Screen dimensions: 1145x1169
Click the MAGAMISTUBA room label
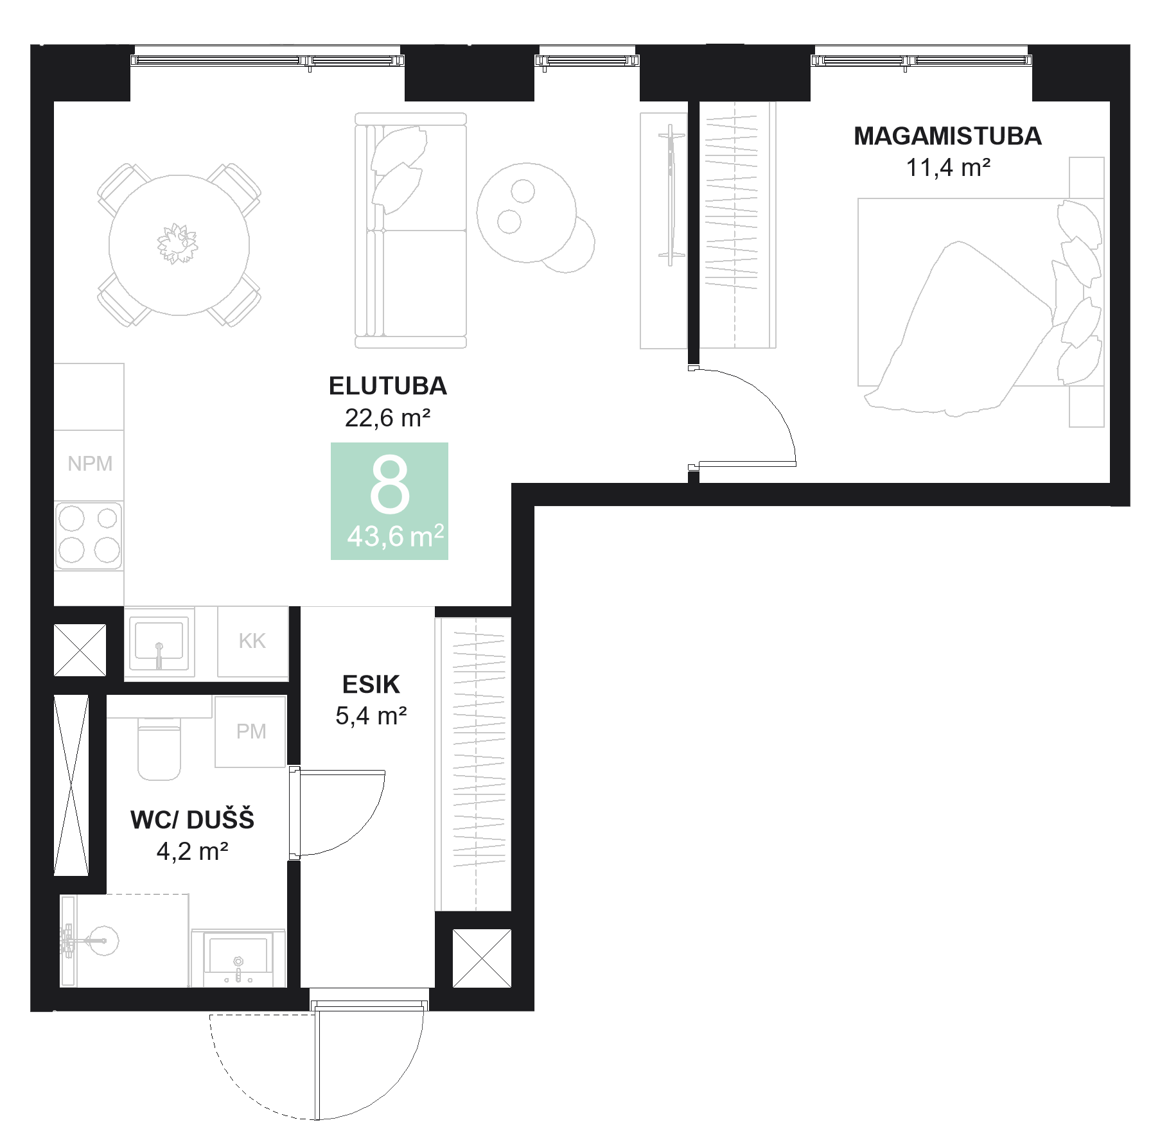click(x=947, y=136)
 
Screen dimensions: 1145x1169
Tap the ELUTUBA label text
click(x=387, y=386)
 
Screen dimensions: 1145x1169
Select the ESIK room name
click(x=371, y=685)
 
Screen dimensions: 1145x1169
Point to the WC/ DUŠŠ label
click(x=192, y=820)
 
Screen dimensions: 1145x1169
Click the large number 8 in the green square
click(x=389, y=485)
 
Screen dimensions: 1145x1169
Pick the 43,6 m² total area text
click(x=395, y=536)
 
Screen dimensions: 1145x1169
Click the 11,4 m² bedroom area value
click(x=947, y=168)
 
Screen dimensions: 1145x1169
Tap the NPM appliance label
click(x=90, y=464)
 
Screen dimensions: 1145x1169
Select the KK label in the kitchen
click(x=252, y=641)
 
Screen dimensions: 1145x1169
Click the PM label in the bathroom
click(x=251, y=731)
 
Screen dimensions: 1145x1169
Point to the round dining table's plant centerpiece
click(x=177, y=244)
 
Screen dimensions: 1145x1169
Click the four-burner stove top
click(x=89, y=536)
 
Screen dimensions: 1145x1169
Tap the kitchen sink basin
click(x=159, y=642)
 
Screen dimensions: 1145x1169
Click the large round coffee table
click(x=526, y=213)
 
